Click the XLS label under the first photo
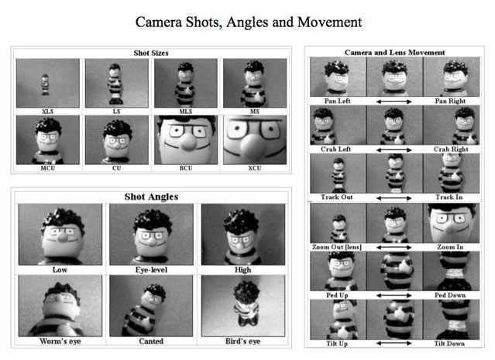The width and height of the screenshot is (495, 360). (x=48, y=111)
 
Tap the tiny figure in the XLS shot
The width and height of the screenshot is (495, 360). (x=46, y=84)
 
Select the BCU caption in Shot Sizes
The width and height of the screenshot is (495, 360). (x=186, y=168)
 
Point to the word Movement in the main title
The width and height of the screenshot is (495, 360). (x=329, y=22)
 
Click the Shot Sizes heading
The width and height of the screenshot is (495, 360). (x=151, y=53)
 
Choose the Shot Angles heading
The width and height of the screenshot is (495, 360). (x=151, y=197)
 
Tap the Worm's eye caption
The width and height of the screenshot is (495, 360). (x=60, y=341)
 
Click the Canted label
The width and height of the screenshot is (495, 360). (x=151, y=341)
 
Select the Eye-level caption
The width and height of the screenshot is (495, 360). (x=151, y=269)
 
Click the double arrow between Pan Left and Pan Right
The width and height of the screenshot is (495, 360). (x=394, y=101)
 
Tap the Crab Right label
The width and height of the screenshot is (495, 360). (x=451, y=149)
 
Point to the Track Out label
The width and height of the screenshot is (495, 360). (x=336, y=197)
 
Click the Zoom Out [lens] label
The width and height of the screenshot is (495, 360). (x=337, y=247)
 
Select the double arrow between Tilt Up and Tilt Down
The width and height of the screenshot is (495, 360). (x=394, y=343)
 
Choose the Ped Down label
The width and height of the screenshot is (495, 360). (x=450, y=295)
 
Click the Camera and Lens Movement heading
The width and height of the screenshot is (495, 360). (x=394, y=53)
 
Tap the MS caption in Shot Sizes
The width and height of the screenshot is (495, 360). (x=254, y=111)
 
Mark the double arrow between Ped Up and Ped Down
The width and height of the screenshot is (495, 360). (x=394, y=296)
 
